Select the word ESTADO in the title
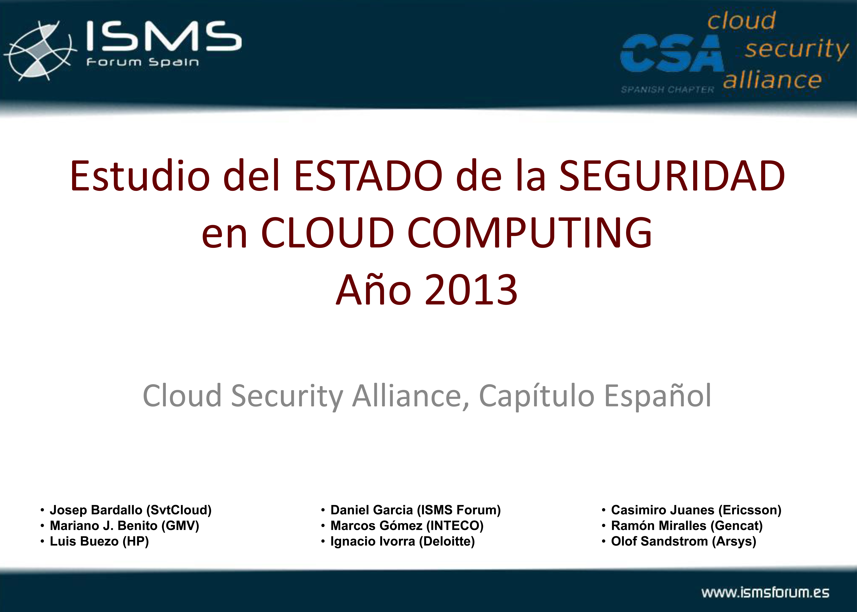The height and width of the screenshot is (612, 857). pyautogui.click(x=368, y=176)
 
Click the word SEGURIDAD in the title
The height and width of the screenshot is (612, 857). pyautogui.click(x=672, y=176)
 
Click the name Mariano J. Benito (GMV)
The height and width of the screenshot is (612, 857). pyautogui.click(x=124, y=526)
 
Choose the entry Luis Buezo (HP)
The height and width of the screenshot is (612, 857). pyautogui.click(x=99, y=542)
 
